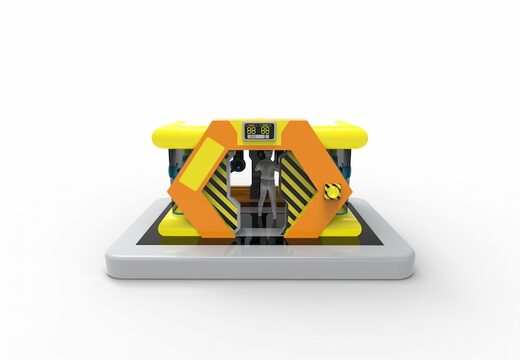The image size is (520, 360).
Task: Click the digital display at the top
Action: pos(259,130)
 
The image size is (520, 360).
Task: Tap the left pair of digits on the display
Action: pos(252,129)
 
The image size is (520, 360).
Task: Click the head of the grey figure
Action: pos(267,159)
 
